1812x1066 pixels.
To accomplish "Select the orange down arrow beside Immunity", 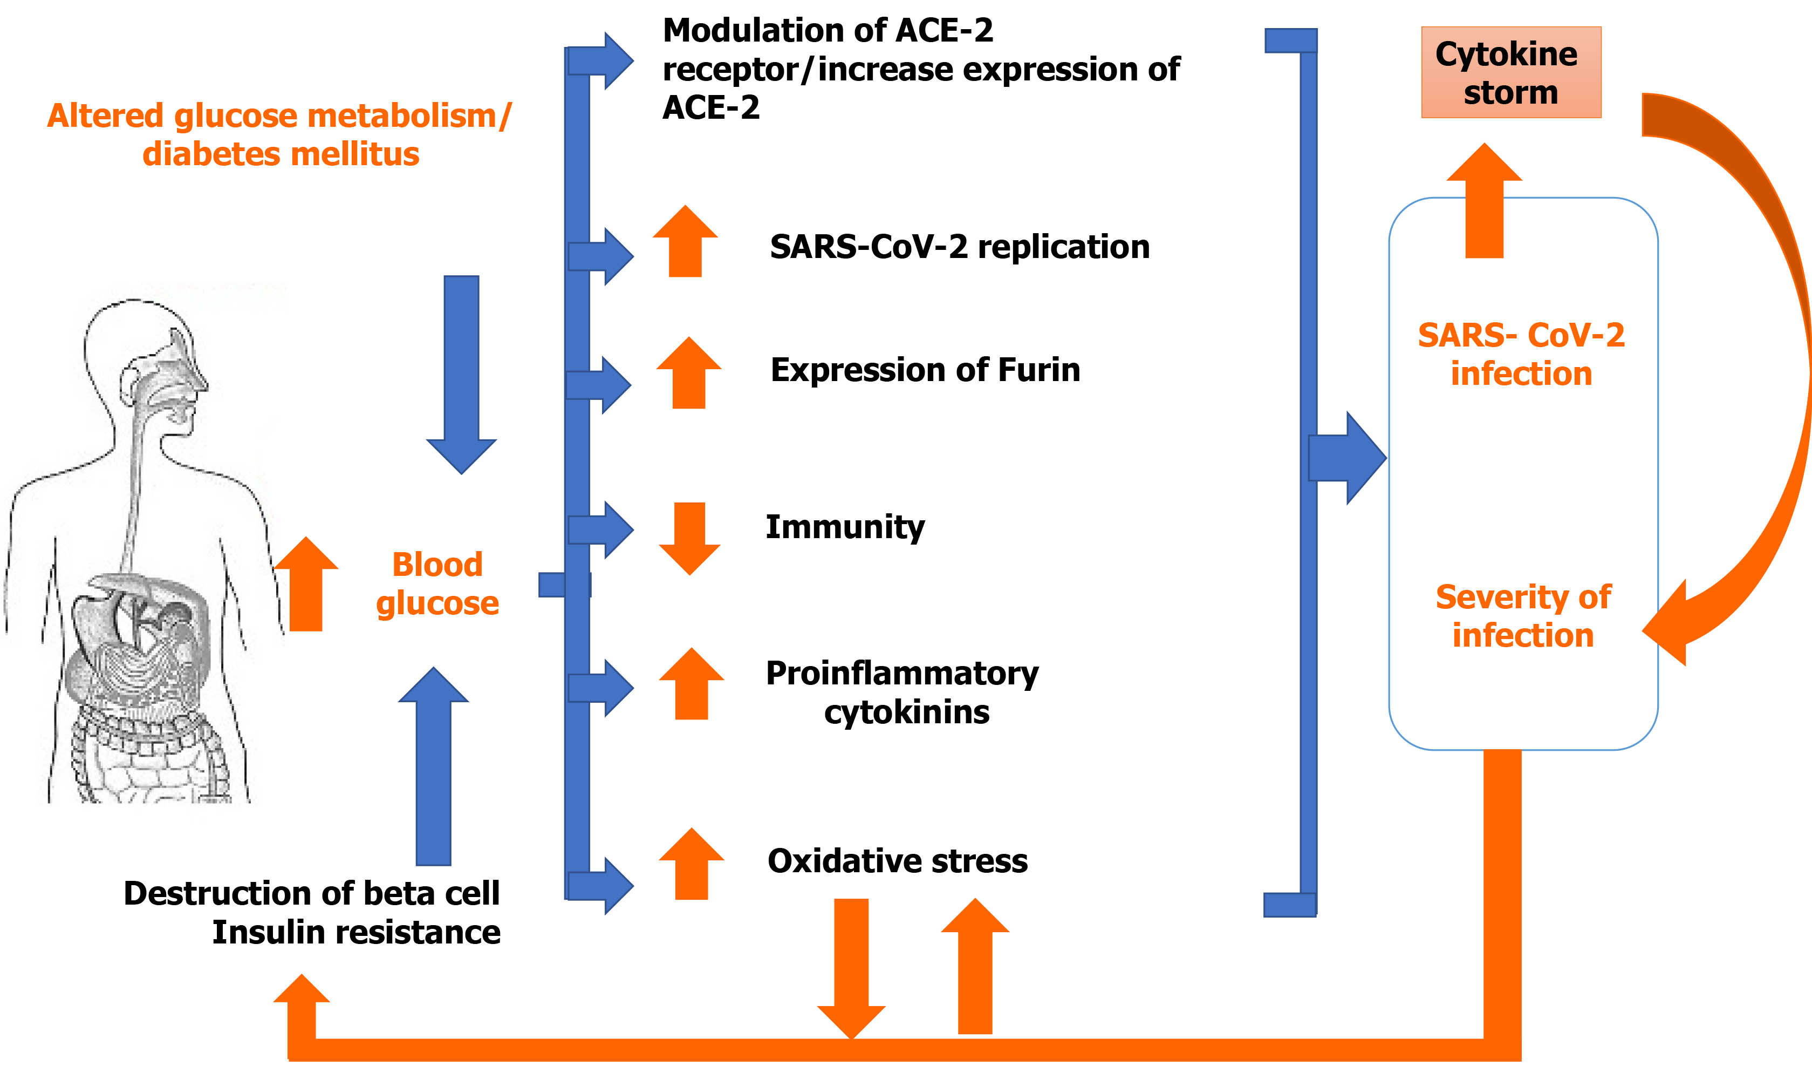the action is coord(689,538).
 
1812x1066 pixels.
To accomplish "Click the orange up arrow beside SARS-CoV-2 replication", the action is coord(685,241).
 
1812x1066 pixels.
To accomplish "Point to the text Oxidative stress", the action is coord(898,860).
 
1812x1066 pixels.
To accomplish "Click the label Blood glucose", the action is coord(437,583).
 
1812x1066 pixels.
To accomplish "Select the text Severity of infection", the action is coord(1523,616).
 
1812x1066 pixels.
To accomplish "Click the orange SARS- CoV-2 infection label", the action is coord(1521,354).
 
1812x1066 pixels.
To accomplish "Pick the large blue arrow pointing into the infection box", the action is coord(1347,458).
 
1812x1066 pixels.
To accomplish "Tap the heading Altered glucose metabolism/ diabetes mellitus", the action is coord(280,134).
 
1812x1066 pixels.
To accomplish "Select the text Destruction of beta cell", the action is coord(311,893).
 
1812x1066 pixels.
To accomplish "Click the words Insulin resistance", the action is coord(356,932).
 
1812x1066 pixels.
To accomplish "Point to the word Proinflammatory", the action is coord(902,674).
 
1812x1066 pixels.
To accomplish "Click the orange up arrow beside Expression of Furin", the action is coord(689,372).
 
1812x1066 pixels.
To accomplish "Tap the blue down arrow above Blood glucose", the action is coord(462,375).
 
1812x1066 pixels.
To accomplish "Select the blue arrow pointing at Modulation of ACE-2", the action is coord(600,61).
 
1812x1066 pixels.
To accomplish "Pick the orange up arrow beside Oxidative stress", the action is coord(692,863).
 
